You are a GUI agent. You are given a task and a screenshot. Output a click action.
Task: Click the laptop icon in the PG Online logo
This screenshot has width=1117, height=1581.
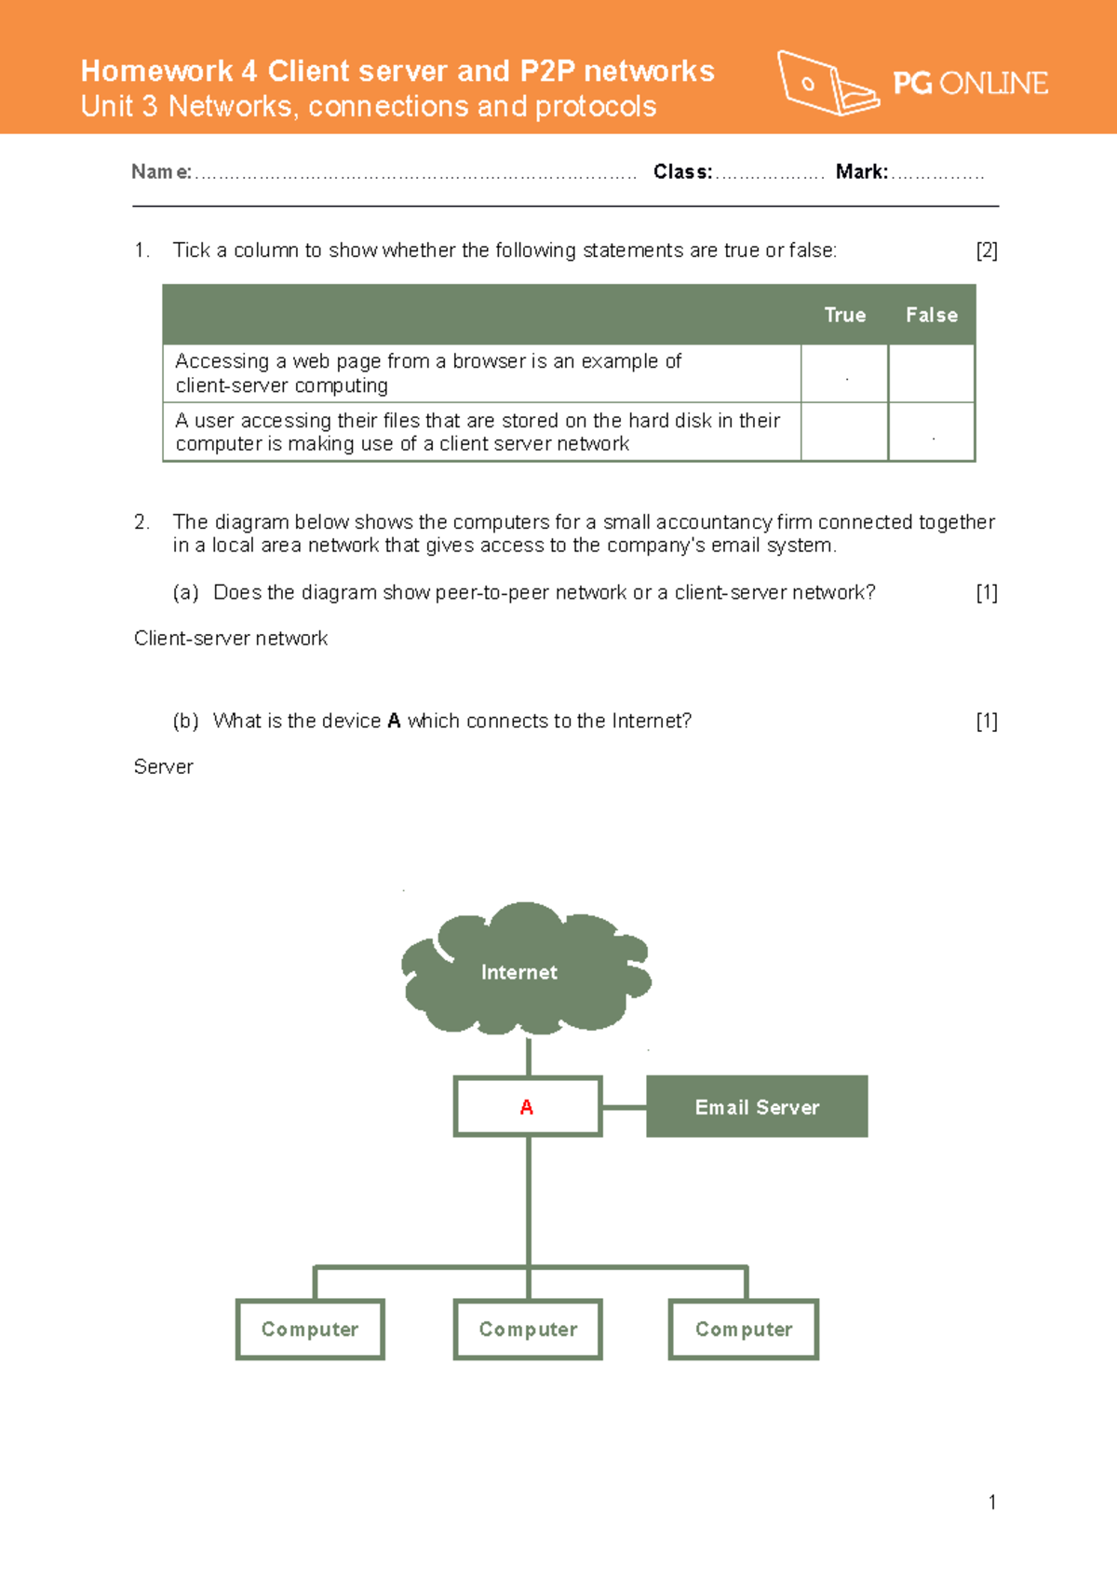click(826, 84)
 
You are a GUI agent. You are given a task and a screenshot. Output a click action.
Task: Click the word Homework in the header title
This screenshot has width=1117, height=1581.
click(156, 71)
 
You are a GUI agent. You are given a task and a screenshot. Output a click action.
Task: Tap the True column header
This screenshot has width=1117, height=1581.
click(844, 315)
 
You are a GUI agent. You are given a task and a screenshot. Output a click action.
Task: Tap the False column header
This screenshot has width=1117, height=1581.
click(931, 315)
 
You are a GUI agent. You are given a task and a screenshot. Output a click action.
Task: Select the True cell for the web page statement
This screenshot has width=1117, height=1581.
click(844, 374)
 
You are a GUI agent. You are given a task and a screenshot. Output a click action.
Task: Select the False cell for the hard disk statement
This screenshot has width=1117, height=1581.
click(931, 432)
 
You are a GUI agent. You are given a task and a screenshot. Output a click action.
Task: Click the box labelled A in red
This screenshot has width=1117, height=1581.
click(528, 1107)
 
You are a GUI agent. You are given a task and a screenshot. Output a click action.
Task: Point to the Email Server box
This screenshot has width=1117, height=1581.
click(757, 1107)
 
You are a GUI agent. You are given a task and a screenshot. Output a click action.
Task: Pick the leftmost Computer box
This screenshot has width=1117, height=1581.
click(310, 1330)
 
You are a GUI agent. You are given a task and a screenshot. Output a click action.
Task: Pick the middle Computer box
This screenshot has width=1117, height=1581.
click(528, 1330)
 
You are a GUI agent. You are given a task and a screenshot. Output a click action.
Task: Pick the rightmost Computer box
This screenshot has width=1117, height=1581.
click(744, 1330)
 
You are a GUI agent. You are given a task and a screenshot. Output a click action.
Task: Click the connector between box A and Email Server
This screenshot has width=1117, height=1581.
click(624, 1107)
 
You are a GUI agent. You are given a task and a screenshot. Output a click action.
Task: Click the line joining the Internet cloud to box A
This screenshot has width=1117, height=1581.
click(528, 1057)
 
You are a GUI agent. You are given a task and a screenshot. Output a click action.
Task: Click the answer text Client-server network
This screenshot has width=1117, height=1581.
click(231, 639)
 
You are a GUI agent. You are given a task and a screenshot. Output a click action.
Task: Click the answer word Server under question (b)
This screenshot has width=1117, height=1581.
click(163, 767)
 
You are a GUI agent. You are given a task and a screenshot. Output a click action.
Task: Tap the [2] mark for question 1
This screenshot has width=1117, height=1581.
click(986, 250)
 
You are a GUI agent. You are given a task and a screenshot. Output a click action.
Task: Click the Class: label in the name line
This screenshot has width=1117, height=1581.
click(682, 172)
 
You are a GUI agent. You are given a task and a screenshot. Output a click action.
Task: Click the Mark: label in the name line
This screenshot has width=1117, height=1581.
click(861, 172)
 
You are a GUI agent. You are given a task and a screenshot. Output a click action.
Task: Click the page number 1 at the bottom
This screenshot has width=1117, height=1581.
click(992, 1502)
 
